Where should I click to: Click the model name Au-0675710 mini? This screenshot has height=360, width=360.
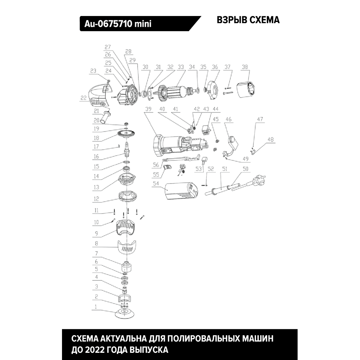pos(118,24)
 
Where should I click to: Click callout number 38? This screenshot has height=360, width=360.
pos(245,67)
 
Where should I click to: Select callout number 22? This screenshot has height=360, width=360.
pos(83,98)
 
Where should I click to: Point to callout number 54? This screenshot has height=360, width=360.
pos(156,183)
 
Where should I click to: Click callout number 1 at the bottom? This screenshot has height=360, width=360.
pos(96,307)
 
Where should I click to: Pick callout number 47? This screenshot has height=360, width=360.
pos(260,119)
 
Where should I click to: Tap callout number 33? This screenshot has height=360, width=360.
pos(181,67)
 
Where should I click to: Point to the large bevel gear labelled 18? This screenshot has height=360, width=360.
pos(126,134)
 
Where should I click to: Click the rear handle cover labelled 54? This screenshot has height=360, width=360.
pos(181,191)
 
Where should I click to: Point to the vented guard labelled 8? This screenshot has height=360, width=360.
pos(127,247)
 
